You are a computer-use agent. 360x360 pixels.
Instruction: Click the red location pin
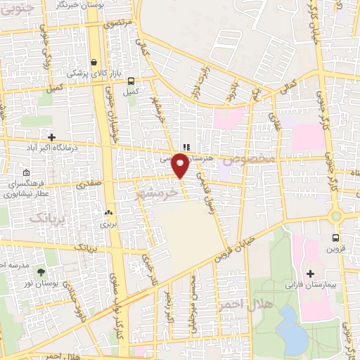[x=181, y=166]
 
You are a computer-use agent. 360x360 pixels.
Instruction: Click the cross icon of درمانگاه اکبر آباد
[x=51, y=136]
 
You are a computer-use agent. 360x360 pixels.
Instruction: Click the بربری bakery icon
[x=108, y=212]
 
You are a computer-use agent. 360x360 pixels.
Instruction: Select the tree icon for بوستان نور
[x=40, y=271]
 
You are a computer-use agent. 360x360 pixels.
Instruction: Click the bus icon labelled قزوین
[x=335, y=238]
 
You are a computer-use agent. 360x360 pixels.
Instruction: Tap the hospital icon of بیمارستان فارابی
[x=311, y=273]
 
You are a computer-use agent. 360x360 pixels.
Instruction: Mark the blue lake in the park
[x=291, y=328]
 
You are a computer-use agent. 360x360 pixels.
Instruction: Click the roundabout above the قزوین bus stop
[x=336, y=216]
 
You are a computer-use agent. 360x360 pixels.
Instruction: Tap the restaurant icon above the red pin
[x=186, y=147]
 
